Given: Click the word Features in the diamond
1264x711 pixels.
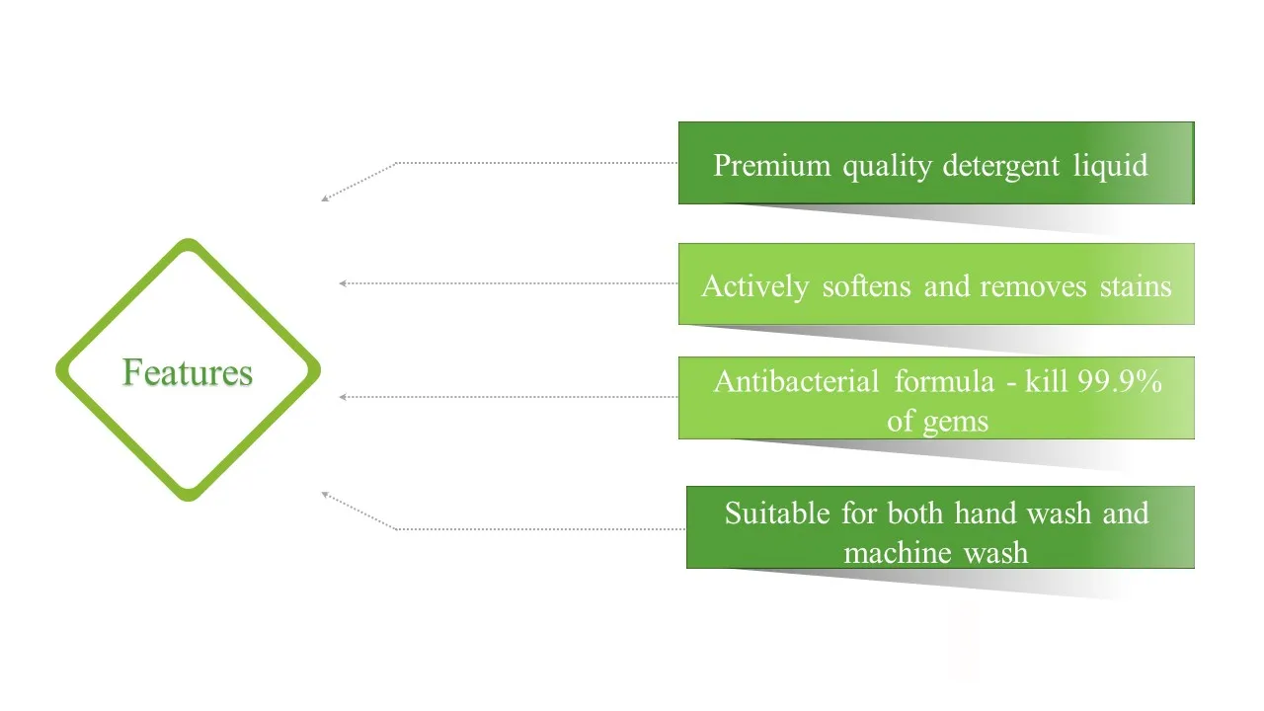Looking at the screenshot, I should point(188,372).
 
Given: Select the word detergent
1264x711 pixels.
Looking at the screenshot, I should point(1002,166).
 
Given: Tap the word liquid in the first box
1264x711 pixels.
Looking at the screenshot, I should point(1110,166).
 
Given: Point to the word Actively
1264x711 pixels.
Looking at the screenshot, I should point(754,287).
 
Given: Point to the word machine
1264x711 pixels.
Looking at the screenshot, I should point(886,553).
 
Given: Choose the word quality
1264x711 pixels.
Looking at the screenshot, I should point(887,166).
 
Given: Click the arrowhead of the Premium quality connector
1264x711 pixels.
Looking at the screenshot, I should point(324,199).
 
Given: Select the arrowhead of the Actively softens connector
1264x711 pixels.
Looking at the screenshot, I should point(342,283).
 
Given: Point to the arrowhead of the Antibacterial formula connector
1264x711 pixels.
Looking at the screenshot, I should point(342,397).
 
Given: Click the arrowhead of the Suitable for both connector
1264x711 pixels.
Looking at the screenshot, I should point(324,494).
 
